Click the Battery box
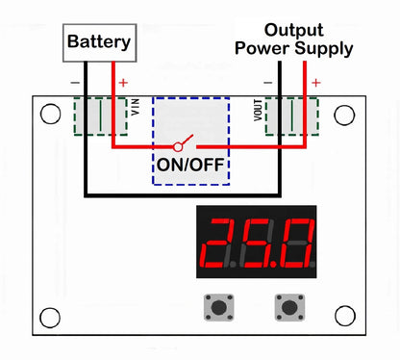point(98,42)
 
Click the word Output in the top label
point(294,29)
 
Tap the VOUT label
point(258,112)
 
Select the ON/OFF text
point(190,165)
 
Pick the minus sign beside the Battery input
point(76,84)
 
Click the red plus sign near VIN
point(122,84)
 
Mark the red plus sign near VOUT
point(313,84)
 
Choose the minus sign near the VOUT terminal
point(269,84)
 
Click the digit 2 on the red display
point(224,243)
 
